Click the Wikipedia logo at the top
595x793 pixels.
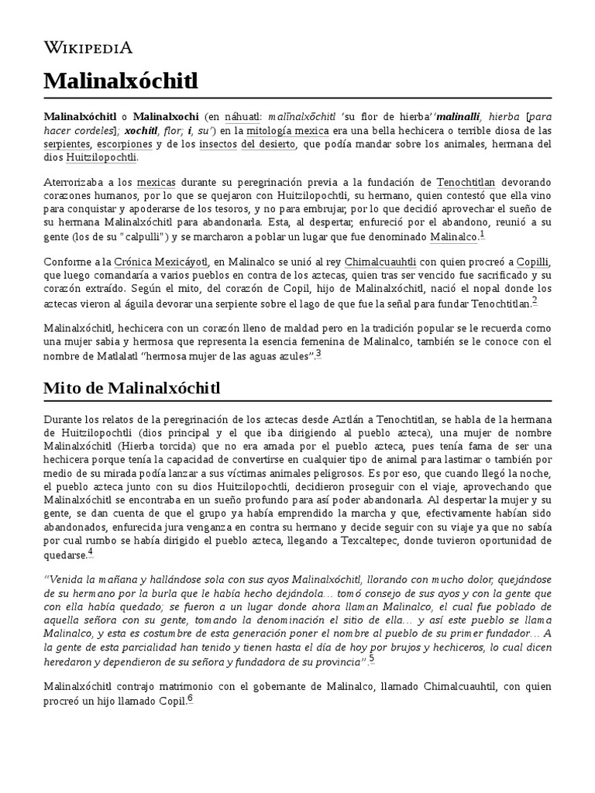coord(88,47)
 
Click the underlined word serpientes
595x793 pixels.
coord(65,144)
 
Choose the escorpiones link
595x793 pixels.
coord(122,144)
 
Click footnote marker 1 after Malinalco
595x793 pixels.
coord(482,234)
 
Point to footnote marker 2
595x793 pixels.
coord(535,301)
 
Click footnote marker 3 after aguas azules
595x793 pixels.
coord(318,354)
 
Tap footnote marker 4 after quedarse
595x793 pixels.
coord(91,552)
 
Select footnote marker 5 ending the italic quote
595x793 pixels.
coord(372,658)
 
